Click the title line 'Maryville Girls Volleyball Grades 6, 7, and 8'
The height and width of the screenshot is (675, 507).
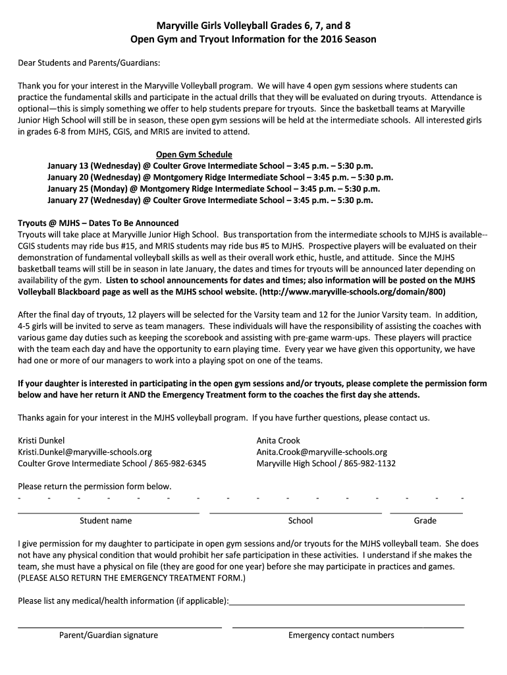click(253, 26)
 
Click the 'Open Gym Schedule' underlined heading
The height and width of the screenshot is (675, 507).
click(194, 154)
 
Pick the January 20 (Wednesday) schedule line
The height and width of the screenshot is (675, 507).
click(220, 177)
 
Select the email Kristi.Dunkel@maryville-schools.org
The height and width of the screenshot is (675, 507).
click(85, 452)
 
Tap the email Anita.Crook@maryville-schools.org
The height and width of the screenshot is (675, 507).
click(322, 452)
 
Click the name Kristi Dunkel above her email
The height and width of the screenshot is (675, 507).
click(41, 440)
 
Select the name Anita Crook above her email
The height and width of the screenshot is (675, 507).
click(279, 440)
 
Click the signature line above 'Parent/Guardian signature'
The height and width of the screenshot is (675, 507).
click(119, 626)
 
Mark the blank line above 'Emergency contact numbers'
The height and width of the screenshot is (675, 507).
click(348, 626)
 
